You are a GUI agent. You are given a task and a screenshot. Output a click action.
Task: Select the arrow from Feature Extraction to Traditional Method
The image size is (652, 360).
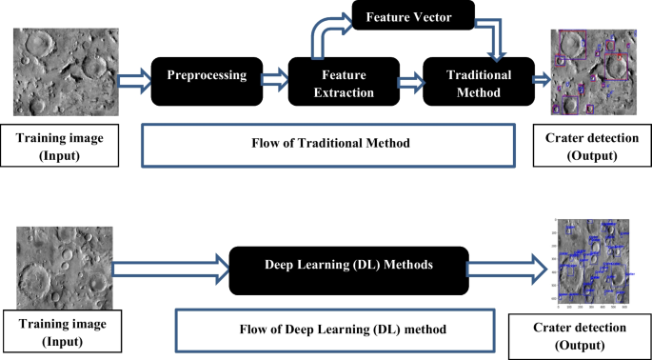pyautogui.click(x=406, y=84)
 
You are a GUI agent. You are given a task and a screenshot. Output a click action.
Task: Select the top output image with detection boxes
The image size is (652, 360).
pyautogui.click(x=592, y=73)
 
